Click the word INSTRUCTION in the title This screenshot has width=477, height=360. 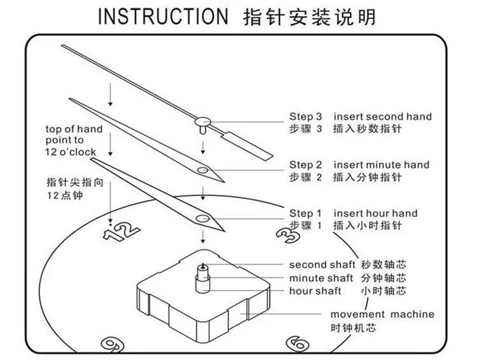pyautogui.click(x=163, y=17)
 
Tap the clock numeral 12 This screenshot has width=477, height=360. pyautogui.click(x=121, y=232)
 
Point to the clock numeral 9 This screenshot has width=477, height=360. pyautogui.click(x=113, y=345)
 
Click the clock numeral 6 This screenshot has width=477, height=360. pyautogui.click(x=298, y=343)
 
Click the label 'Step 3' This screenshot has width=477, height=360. pyautogui.click(x=305, y=116)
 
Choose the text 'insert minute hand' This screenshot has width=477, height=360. pyautogui.click(x=382, y=165)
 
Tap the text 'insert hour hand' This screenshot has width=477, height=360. pyautogui.click(x=375, y=213)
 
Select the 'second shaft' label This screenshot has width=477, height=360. pyautogui.click(x=322, y=265)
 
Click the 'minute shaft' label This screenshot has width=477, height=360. pyautogui.click(x=321, y=278)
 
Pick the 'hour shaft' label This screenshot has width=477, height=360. pyautogui.click(x=315, y=291)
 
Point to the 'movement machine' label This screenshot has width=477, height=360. pyautogui.click(x=382, y=314)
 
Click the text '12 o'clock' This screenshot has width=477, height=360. pyautogui.click(x=71, y=152)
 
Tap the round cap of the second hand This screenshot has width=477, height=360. pyautogui.click(x=203, y=121)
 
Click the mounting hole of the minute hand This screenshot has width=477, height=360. pyautogui.click(x=202, y=170)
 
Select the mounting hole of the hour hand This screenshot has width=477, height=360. pyautogui.click(x=202, y=218)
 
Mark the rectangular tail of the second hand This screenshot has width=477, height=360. pyautogui.click(x=247, y=146)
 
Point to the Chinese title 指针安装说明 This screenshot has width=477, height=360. pyautogui.click(x=309, y=17)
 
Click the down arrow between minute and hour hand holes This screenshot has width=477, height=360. pyautogui.click(x=203, y=193)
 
